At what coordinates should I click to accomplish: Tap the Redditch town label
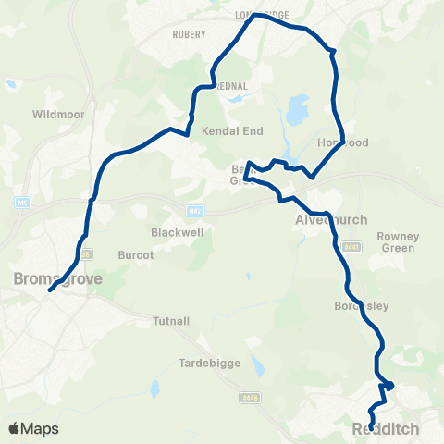386,430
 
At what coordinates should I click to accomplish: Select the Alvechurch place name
330,220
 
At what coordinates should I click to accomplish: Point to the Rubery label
189,34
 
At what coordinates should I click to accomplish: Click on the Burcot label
134,253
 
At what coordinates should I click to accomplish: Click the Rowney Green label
399,241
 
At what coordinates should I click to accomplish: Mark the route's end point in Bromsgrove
50,289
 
